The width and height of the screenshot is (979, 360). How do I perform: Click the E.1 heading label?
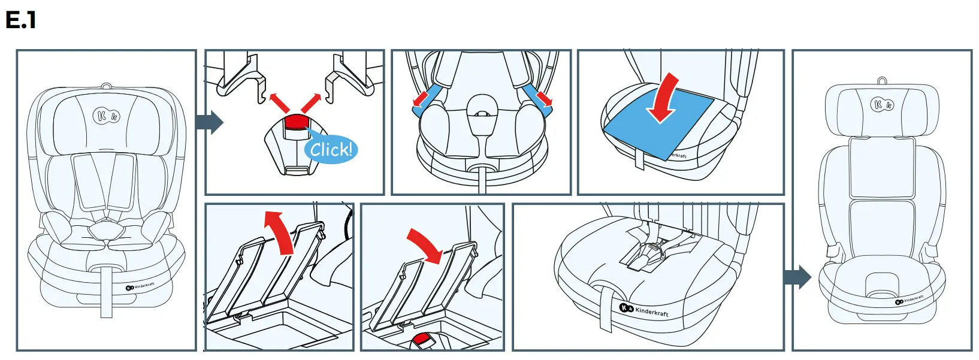20,20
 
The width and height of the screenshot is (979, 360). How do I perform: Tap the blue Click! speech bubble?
331,149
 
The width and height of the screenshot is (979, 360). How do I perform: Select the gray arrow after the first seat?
209,122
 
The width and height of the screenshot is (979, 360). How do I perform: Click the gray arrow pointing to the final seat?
797,277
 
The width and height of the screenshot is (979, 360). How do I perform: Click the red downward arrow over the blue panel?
664,98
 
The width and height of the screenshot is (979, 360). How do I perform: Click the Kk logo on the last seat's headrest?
881,105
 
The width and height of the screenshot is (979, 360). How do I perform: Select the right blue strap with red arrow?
539,97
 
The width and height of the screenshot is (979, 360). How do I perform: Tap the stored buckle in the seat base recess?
653,252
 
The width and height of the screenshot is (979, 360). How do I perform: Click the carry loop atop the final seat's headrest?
882,80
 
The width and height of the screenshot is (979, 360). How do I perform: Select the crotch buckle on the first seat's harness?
107,230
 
